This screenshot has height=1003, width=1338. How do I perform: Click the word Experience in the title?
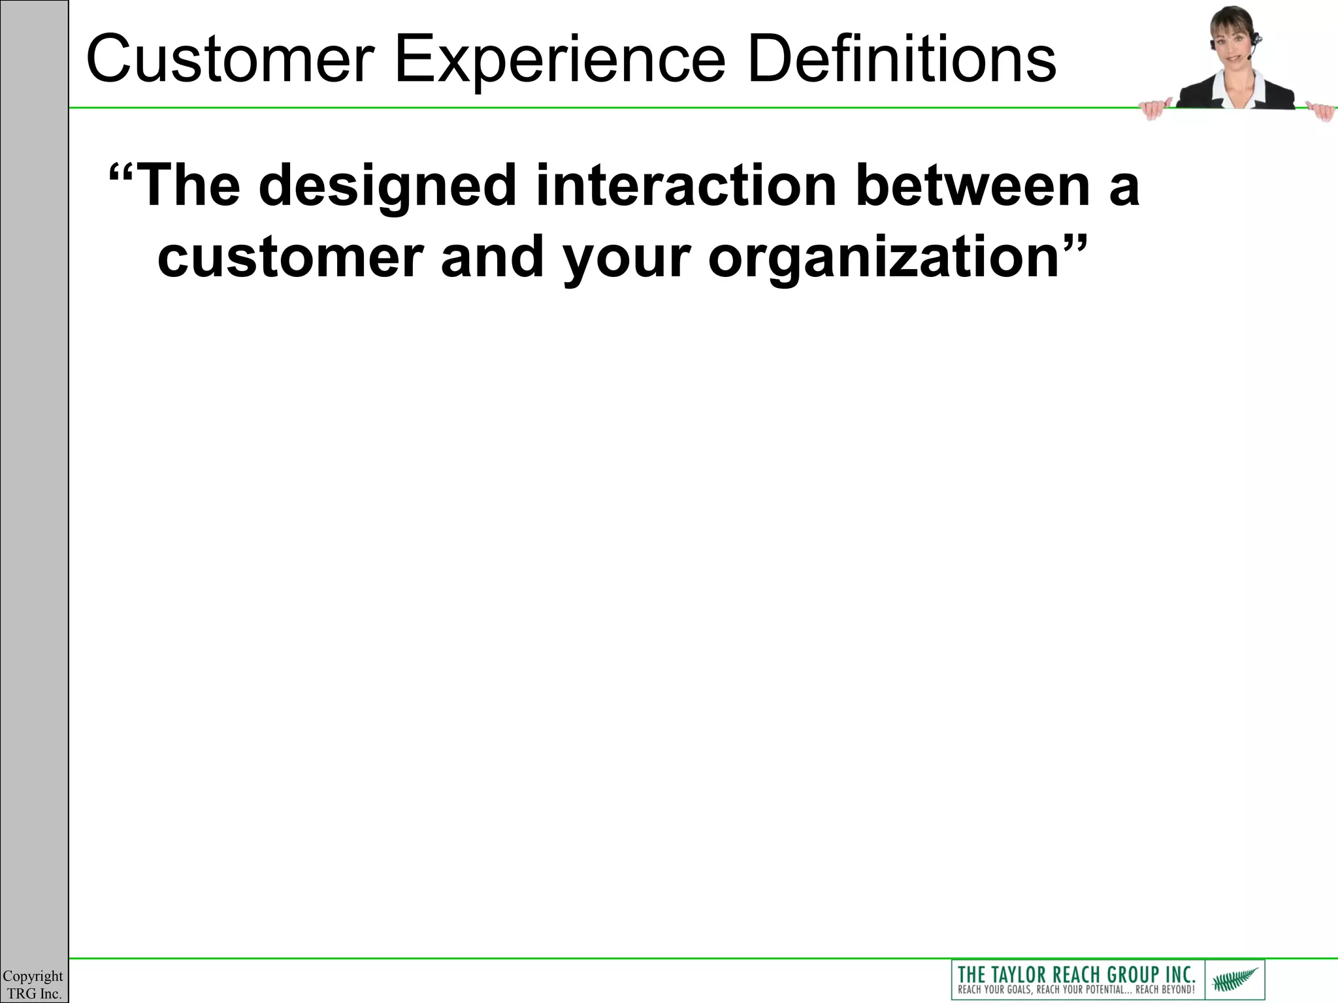(x=561, y=60)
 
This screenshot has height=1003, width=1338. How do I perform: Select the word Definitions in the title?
(x=900, y=60)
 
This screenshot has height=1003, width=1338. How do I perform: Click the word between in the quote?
(x=967, y=186)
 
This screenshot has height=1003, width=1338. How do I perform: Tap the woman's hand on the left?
(x=1154, y=110)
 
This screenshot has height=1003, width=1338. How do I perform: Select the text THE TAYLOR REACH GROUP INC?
(x=1076, y=974)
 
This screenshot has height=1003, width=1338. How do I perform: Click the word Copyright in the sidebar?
(x=33, y=976)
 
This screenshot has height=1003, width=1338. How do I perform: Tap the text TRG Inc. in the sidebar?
(x=34, y=993)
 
